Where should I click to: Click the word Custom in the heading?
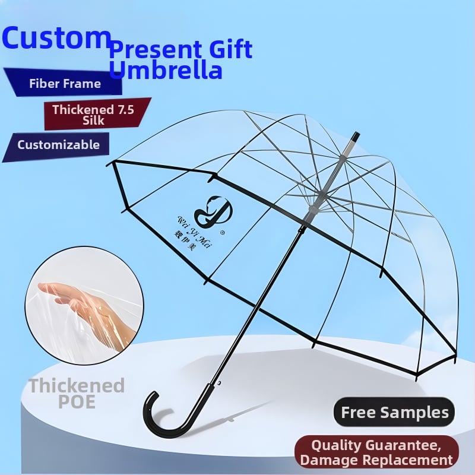pyautogui.click(x=56, y=38)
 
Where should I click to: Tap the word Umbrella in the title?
pyautogui.click(x=166, y=70)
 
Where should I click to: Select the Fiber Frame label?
pyautogui.click(x=65, y=83)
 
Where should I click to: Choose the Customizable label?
pyautogui.click(x=58, y=144)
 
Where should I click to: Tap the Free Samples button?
pyautogui.click(x=394, y=412)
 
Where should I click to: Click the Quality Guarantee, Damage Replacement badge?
pyautogui.click(x=376, y=452)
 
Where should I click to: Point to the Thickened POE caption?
pyautogui.click(x=77, y=393)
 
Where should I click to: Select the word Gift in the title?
pyautogui.click(x=228, y=49)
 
